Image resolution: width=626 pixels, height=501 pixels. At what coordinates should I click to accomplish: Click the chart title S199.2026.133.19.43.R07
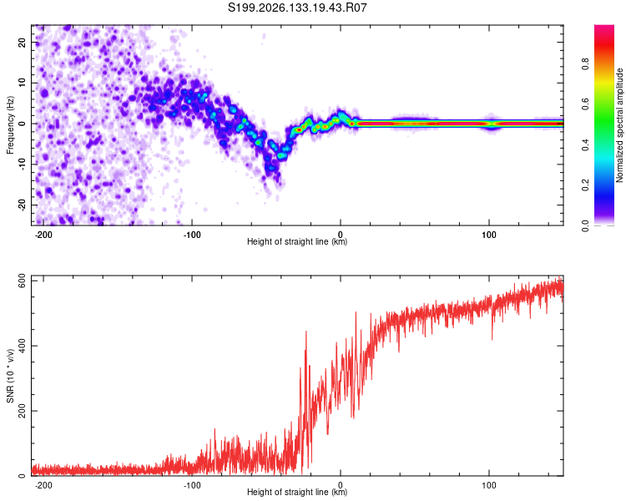coord(297,8)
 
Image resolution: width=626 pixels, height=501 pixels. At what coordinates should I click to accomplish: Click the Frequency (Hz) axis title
coord(10,125)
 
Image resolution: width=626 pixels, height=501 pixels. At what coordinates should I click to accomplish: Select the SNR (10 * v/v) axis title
coord(10,376)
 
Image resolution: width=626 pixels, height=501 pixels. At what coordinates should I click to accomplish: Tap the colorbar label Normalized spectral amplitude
coord(619,125)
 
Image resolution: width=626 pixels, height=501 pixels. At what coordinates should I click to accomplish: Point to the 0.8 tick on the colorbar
coord(585,64)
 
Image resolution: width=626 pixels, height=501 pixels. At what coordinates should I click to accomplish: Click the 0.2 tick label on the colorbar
coord(585,185)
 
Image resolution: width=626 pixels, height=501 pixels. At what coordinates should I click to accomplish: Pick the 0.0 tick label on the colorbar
coord(585,225)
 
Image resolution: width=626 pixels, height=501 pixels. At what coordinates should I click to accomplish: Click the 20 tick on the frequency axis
coord(22,43)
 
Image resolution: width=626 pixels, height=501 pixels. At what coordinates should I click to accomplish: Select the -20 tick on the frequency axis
coord(22,205)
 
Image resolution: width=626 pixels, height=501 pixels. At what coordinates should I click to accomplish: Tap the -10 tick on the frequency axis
coord(22,164)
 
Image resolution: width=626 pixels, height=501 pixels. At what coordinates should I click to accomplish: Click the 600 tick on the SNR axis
coord(22,281)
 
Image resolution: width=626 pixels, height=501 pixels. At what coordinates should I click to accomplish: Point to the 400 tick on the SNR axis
coord(22,346)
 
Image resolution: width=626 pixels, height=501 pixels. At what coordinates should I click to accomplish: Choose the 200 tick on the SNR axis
coord(22,411)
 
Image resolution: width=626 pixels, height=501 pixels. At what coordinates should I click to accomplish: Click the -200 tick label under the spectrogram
coord(43,235)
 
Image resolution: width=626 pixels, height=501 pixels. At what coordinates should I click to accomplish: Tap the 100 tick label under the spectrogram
coord(488,235)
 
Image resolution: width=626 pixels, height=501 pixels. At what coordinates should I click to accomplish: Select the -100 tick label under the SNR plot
coord(192,485)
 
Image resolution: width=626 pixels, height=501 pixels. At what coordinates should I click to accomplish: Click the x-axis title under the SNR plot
coord(297,492)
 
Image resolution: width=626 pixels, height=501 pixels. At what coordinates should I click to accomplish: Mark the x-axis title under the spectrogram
coord(297,241)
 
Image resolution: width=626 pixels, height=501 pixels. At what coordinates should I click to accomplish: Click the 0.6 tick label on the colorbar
coord(585,104)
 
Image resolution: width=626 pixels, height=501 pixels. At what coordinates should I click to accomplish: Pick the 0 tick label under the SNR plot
coord(341,485)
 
